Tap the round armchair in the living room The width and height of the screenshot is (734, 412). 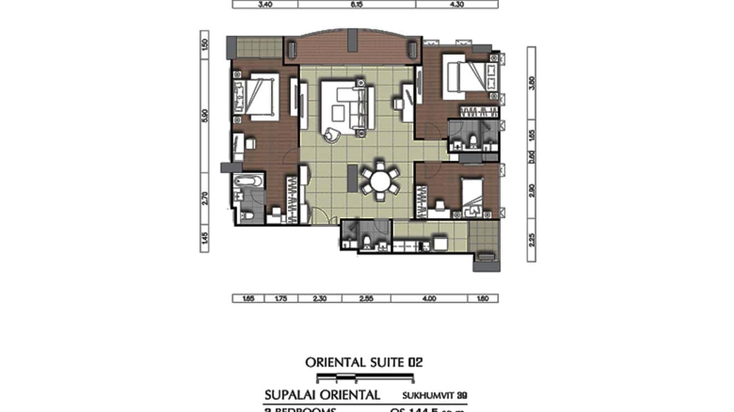332,134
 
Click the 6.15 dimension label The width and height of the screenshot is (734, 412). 357,4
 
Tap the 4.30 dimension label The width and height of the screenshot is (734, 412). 457,4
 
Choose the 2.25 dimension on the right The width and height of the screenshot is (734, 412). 532,239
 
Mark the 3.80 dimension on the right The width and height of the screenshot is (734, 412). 532,83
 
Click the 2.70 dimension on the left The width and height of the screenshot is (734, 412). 205,198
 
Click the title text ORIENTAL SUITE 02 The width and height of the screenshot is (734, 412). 364,362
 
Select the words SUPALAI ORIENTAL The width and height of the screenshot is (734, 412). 322,395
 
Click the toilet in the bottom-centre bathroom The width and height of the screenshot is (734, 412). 366,241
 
